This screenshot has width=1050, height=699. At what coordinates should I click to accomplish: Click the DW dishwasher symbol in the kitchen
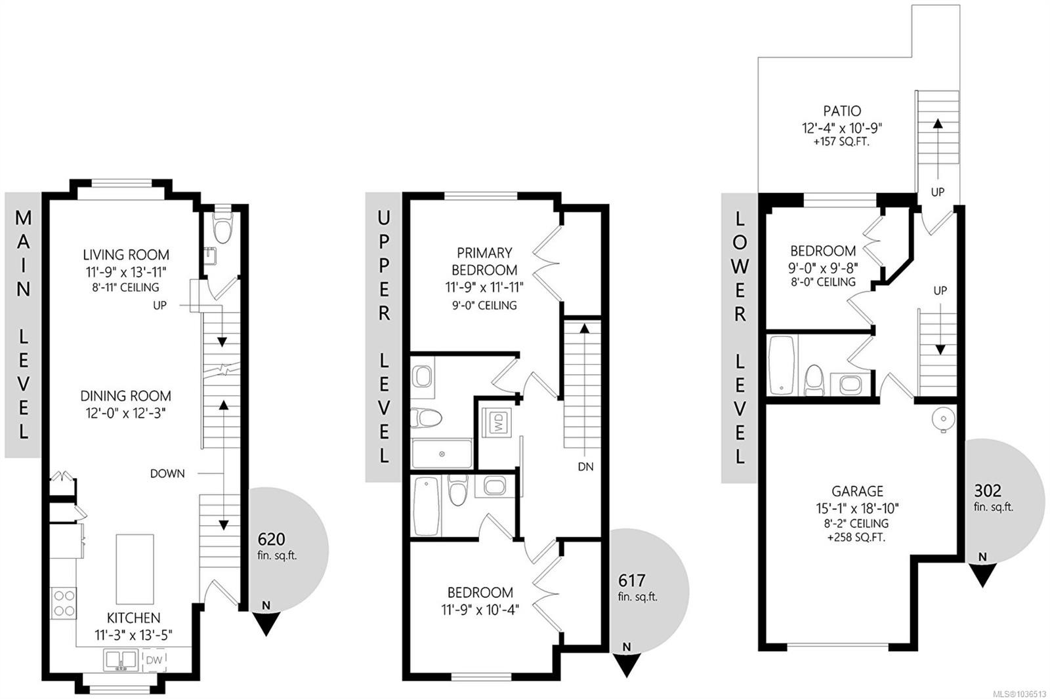pos(154,660)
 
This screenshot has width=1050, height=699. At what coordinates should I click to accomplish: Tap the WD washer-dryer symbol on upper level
pos(498,422)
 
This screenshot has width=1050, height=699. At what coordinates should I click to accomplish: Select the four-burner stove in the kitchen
pos(64,603)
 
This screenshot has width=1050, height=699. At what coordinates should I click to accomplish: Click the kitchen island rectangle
pos(135,569)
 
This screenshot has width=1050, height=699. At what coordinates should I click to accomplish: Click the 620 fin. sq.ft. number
pos(271,539)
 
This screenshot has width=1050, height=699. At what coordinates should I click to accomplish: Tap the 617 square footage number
pos(631,580)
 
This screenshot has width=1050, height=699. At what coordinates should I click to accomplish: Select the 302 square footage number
pos(988,490)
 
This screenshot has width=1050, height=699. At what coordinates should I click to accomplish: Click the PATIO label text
pos(842,111)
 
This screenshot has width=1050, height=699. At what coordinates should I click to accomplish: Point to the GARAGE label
pos(857,491)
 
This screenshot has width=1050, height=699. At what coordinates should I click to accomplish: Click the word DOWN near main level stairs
pos(167,473)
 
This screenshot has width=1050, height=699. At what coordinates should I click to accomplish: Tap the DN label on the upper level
pos(585,467)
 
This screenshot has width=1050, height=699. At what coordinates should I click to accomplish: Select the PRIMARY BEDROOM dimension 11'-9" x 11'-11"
pos(484,287)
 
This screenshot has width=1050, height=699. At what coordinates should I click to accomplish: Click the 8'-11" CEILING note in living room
pos(125,287)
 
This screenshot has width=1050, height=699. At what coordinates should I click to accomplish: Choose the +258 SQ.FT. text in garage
pos(856,538)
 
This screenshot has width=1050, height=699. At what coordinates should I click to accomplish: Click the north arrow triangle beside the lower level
pos(982,575)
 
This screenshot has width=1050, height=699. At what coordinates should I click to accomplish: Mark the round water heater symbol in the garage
pos(942,418)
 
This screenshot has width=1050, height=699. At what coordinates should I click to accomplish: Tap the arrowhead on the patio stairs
pos(938,124)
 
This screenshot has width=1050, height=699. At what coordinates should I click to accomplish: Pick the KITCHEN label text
pos(134,618)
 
